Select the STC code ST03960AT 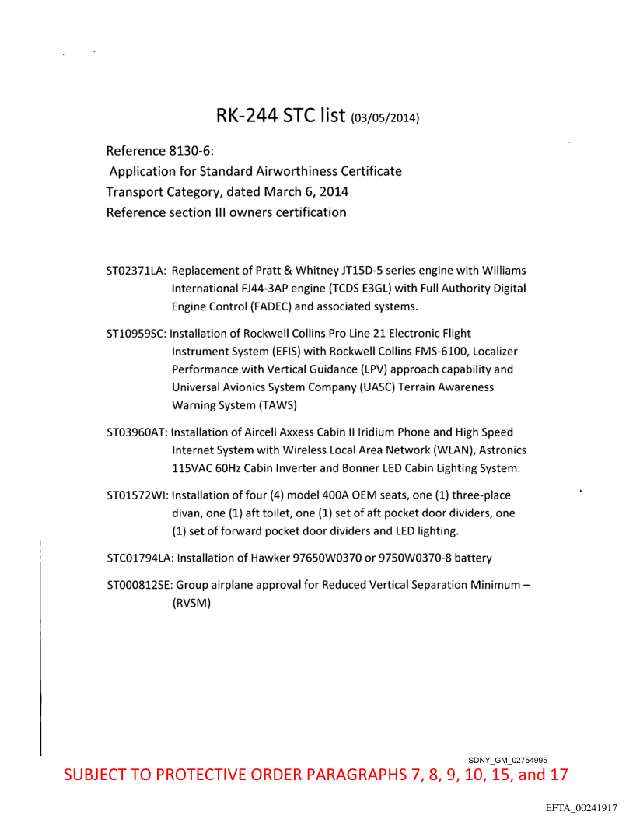click(x=136, y=432)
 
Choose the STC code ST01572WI click(x=136, y=495)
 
